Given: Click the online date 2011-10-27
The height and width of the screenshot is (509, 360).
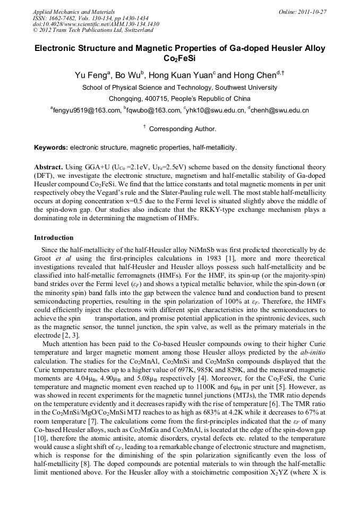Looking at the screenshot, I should (x=311, y=12).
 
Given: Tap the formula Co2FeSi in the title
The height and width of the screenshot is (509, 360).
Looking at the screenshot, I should (x=180, y=58).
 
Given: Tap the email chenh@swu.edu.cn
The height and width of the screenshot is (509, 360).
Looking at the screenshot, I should (x=281, y=110).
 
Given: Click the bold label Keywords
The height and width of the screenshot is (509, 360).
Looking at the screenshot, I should (x=51, y=147).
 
